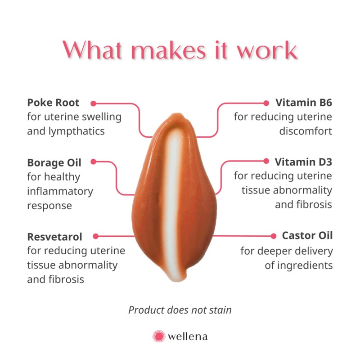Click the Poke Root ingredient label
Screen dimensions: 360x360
(53, 103)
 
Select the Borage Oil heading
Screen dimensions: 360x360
(54, 162)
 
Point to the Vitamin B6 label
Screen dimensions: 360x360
(304, 103)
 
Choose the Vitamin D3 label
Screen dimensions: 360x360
(304, 162)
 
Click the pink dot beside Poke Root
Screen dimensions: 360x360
(94, 103)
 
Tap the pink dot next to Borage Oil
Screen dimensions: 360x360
(94, 162)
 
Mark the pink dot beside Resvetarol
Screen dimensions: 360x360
(95, 236)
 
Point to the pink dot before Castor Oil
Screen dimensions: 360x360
(273, 236)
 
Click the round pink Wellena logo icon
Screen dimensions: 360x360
(158, 336)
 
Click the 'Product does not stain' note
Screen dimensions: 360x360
(180, 310)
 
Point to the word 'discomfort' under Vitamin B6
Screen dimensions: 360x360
(306, 131)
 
